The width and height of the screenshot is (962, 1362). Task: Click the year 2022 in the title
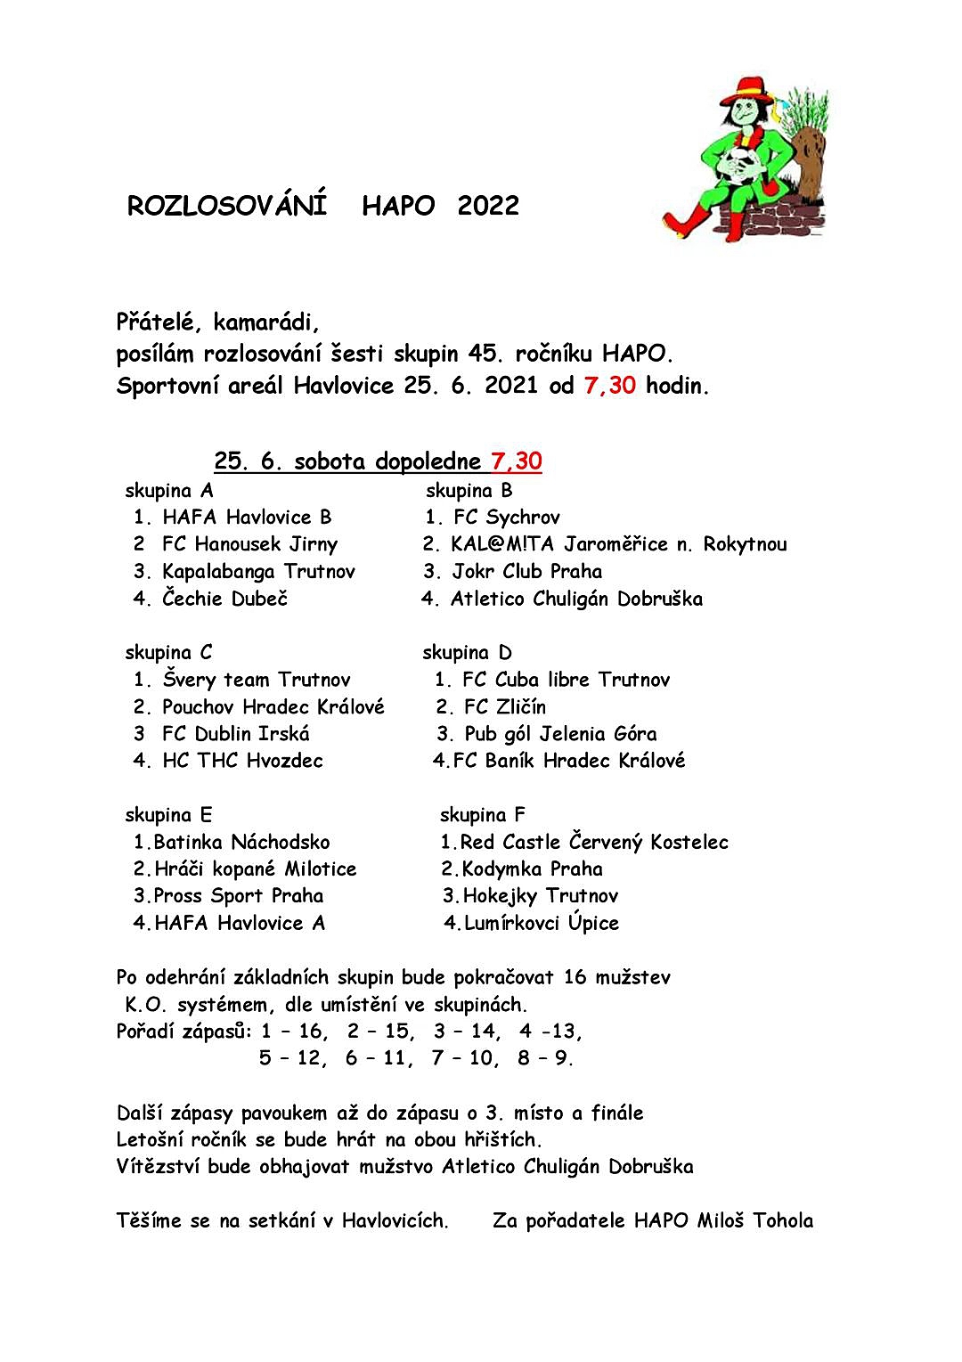[487, 206]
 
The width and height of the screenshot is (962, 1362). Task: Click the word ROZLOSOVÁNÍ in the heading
[227, 206]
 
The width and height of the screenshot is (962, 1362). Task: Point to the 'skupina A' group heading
[169, 491]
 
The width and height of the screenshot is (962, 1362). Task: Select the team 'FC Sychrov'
[506, 518]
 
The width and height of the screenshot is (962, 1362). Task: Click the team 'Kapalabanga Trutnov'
[258, 572]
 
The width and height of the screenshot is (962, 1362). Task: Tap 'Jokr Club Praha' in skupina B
[526, 572]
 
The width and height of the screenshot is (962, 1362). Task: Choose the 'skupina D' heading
[468, 653]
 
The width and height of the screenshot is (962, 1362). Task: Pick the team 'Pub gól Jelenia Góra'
[560, 734]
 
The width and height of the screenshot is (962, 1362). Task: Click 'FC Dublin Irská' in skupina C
[236, 734]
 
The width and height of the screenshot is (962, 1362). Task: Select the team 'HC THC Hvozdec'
[242, 761]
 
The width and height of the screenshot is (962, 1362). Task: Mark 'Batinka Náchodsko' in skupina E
[241, 843]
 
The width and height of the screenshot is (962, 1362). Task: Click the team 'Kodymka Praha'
[532, 869]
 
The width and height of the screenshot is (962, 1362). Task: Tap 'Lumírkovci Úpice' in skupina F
[541, 924]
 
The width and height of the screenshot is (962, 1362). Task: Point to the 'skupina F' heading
[482, 815]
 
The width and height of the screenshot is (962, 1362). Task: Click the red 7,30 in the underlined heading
[516, 461]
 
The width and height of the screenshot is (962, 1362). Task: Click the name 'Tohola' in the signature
[783, 1220]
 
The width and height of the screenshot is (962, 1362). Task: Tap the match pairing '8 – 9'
[544, 1058]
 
